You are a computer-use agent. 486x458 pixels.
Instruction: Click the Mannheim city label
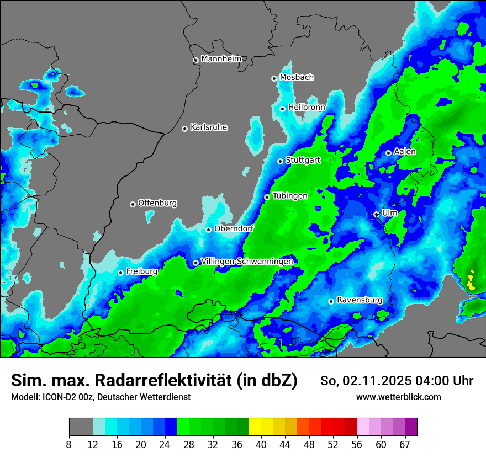point(221,58)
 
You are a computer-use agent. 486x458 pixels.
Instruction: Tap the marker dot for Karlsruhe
point(184,129)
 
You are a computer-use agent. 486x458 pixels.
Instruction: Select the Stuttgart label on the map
point(303,160)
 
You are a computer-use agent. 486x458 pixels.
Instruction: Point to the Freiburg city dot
point(120,273)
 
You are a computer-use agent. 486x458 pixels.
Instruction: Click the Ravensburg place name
point(359,300)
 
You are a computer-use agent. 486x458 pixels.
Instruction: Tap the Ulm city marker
point(376,214)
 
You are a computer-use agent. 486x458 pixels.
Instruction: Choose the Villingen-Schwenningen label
point(247,261)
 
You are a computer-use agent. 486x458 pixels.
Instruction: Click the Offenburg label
point(157,203)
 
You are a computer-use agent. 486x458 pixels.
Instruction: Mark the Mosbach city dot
point(274,78)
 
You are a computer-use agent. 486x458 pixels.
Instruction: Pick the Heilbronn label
point(307,107)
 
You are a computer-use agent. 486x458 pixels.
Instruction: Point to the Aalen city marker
point(388,153)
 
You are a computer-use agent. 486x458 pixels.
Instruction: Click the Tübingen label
point(290,195)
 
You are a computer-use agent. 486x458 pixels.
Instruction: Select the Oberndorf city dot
point(208,230)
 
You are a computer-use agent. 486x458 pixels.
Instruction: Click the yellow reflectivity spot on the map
point(470,282)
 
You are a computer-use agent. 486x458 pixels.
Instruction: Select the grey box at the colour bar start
point(81,427)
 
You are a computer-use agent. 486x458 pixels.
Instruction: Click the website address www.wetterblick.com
point(398,397)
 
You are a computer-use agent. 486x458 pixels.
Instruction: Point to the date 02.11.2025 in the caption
point(375,381)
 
